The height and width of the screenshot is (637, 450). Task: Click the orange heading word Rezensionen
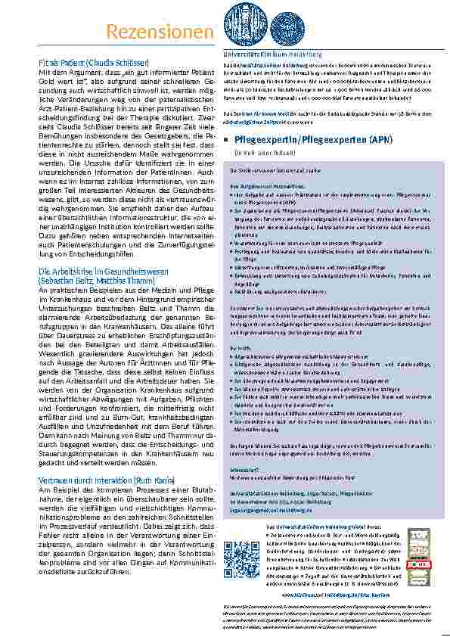coord(159,31)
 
